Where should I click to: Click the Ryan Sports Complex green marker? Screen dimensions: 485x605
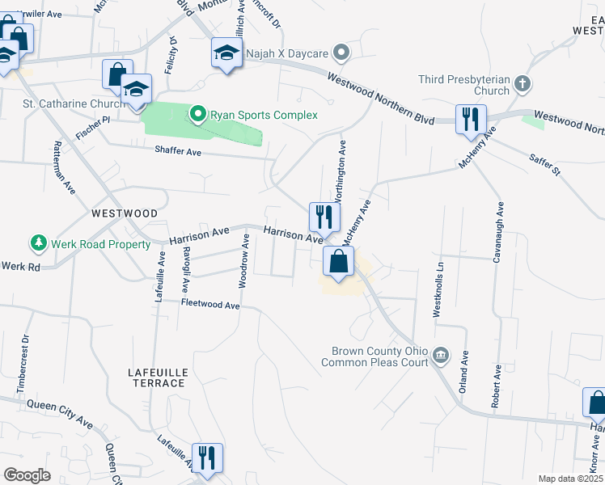[x=197, y=115]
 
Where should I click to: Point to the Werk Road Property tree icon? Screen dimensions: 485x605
[x=37, y=242]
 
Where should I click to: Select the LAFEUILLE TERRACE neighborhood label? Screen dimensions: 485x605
[x=159, y=377]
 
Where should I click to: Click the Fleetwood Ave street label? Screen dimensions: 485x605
[x=210, y=305]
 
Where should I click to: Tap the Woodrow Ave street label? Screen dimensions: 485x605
[x=244, y=260]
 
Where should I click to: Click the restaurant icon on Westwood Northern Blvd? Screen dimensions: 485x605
[x=469, y=119]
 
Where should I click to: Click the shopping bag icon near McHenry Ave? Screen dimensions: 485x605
[x=337, y=261]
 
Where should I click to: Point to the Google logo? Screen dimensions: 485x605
[x=27, y=475]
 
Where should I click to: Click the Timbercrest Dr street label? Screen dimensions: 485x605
[x=23, y=365]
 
